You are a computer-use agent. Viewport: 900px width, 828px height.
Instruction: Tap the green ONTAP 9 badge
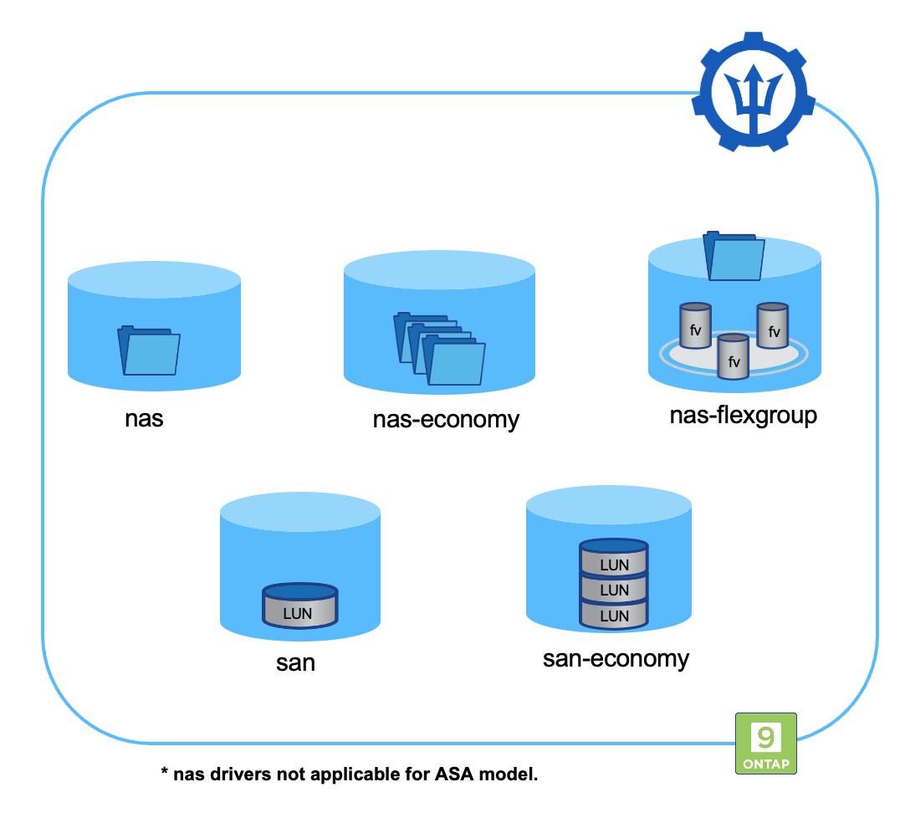[765, 743]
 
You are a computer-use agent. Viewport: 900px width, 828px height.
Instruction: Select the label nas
[145, 417]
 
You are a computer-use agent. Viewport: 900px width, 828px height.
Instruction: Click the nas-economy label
[446, 419]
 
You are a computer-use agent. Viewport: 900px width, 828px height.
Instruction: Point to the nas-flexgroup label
[743, 415]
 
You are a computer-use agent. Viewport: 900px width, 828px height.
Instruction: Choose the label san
[296, 663]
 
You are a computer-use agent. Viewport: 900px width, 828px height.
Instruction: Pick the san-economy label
[616, 658]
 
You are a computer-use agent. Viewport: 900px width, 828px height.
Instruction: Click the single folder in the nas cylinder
[149, 350]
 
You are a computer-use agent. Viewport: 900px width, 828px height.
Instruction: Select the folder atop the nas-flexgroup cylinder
[734, 256]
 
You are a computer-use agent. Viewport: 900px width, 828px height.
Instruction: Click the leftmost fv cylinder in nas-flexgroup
[695, 326]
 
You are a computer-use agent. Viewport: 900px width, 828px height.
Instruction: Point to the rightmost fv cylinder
[773, 326]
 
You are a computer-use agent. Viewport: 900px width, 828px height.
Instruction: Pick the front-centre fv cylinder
[734, 356]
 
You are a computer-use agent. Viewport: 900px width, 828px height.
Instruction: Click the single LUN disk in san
[299, 606]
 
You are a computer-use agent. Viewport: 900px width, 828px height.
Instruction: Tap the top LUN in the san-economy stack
[614, 558]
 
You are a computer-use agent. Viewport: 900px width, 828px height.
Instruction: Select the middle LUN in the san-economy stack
[614, 589]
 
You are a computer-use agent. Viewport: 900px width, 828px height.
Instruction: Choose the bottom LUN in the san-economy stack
[614, 615]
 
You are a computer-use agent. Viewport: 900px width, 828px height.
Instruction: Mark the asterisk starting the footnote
[165, 771]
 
